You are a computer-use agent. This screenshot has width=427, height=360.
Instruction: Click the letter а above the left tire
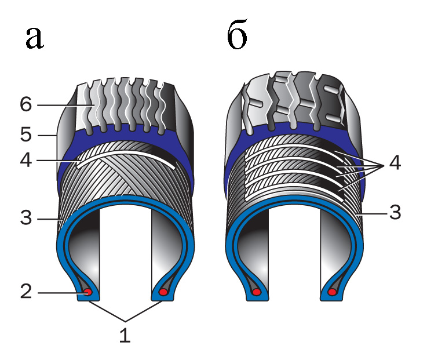pyautogui.click(x=35, y=39)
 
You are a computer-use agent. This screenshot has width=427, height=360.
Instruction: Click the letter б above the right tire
pyautogui.click(x=238, y=38)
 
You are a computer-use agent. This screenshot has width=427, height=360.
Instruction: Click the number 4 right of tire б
pyautogui.click(x=395, y=164)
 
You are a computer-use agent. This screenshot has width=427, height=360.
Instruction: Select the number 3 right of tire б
pyautogui.click(x=395, y=213)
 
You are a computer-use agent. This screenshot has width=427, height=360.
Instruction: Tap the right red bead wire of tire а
pyautogui.click(x=163, y=293)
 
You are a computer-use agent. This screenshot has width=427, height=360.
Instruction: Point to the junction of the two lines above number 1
pyautogui.click(x=125, y=321)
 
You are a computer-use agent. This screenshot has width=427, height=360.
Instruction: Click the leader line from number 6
pyautogui.click(x=64, y=105)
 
